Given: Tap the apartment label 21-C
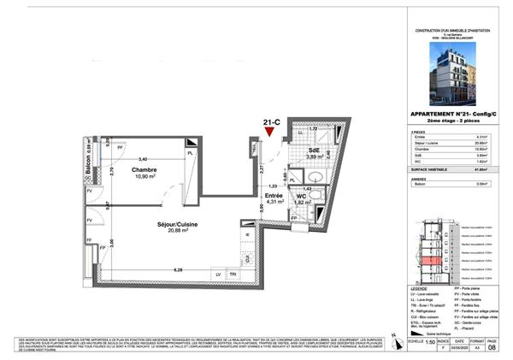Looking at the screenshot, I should click(271, 121).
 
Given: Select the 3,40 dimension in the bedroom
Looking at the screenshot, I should click(144, 159).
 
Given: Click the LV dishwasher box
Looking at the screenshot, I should click(219, 274).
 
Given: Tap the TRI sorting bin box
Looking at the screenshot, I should click(233, 274).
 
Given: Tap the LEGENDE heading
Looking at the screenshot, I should click(420, 288).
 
